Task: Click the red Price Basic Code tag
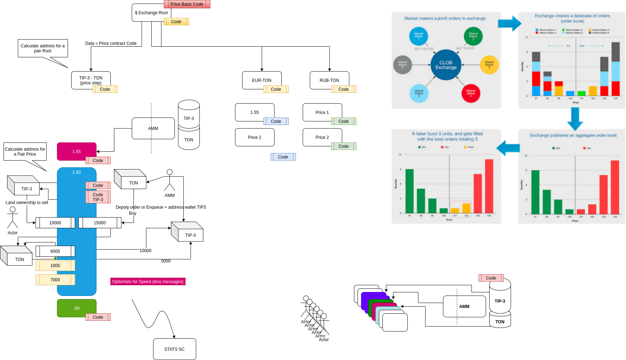[187, 4]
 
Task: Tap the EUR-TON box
[261, 80]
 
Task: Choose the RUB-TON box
[329, 80]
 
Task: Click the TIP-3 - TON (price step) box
[90, 80]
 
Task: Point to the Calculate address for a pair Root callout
[43, 48]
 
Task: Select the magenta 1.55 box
[76, 151]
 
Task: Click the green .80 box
[76, 308]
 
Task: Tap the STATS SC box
[174, 349]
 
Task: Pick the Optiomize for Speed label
[148, 282]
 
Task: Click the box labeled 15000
[100, 223]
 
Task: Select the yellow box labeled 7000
[55, 280]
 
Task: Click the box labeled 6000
[55, 251]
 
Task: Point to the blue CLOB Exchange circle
[446, 65]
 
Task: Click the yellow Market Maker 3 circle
[489, 65]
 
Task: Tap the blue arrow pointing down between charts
[575, 119]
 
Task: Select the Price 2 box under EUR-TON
[254, 137]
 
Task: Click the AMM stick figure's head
[169, 172]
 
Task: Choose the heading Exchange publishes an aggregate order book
[573, 135]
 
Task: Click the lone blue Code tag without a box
[283, 157]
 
